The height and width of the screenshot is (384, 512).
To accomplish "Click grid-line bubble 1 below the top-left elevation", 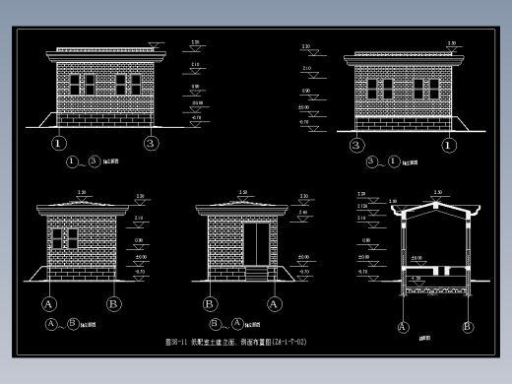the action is (x=59, y=144).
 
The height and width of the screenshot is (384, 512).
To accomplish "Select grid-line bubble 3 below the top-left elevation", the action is (x=151, y=144).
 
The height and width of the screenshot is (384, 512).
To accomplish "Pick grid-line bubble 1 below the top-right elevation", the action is (x=448, y=146).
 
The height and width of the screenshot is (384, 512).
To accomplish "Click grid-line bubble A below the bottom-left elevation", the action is (x=48, y=304).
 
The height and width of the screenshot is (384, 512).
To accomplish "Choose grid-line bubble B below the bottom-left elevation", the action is (x=113, y=304).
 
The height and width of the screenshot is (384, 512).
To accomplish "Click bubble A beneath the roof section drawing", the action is (x=403, y=326).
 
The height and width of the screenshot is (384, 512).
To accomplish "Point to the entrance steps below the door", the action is (x=259, y=272).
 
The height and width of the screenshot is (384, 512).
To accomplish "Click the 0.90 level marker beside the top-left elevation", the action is (x=195, y=90).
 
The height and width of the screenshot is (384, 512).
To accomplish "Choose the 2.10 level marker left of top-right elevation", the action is (x=306, y=69).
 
